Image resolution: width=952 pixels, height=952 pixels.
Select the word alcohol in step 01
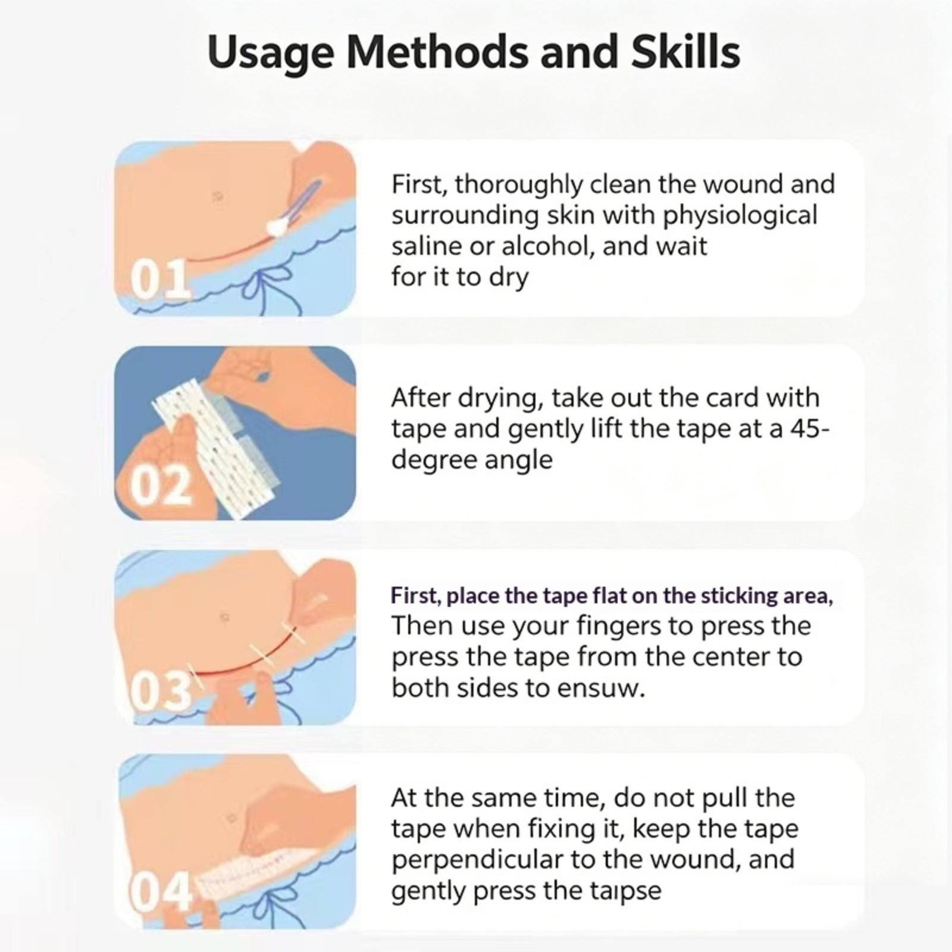click(x=544, y=246)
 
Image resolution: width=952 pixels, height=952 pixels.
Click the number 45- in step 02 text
click(x=809, y=429)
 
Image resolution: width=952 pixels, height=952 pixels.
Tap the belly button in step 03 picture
click(x=224, y=617)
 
